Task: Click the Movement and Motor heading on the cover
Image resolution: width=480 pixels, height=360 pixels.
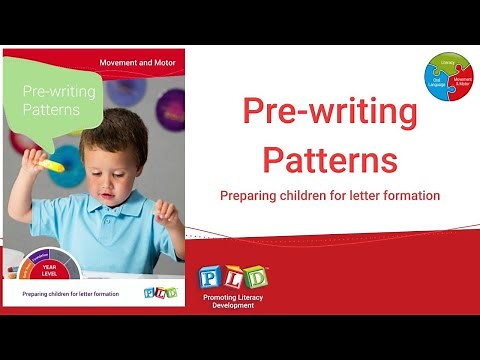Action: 139,63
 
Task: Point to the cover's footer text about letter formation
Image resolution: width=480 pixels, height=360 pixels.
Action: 69,294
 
